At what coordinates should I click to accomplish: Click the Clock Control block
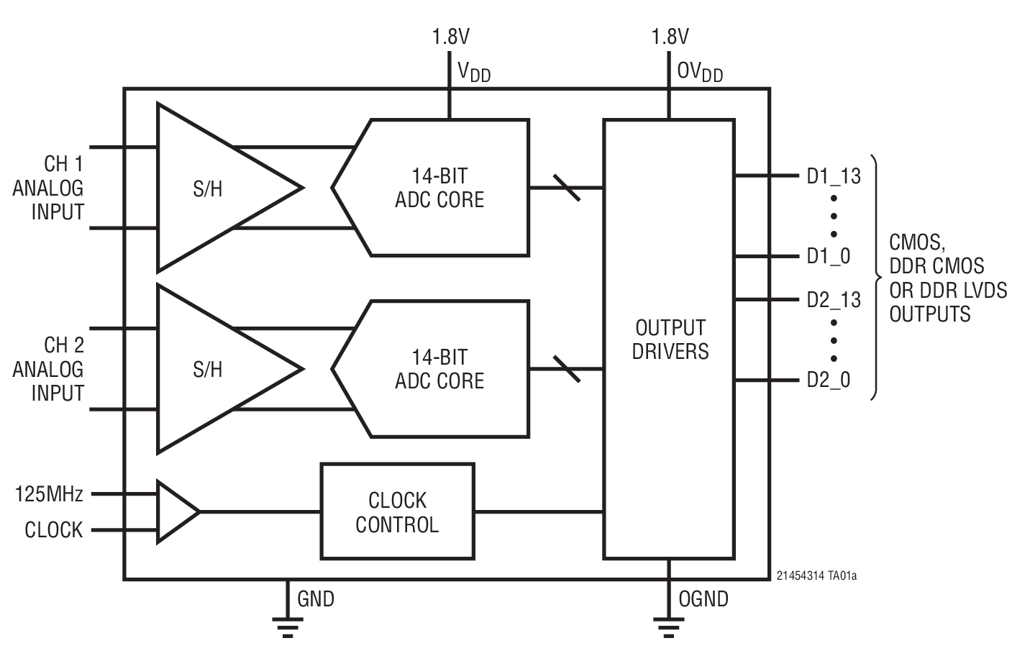tap(397, 511)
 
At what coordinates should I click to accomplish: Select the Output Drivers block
tap(669, 339)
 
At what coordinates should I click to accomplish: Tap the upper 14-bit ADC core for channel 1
tap(439, 188)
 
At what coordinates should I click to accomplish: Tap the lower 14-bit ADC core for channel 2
tap(439, 369)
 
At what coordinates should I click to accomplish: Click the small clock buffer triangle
tap(176, 511)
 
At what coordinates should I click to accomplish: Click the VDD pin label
tap(474, 71)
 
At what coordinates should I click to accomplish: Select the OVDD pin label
tap(700, 71)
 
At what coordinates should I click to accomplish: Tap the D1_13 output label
tap(833, 176)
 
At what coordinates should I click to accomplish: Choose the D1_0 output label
tap(828, 256)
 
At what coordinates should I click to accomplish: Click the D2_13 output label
tap(833, 299)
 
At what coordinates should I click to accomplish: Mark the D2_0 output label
tap(828, 380)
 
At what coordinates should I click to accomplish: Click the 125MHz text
tap(49, 494)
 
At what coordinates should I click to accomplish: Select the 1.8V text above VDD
tap(450, 36)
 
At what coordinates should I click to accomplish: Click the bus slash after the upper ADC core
tap(567, 188)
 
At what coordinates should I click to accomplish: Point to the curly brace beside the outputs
tap(875, 277)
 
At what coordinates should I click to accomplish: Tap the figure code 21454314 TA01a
tap(816, 575)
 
